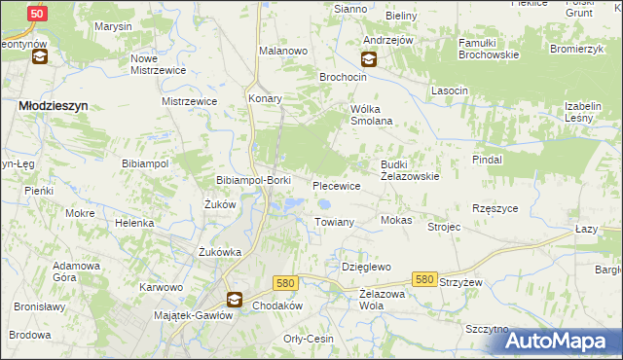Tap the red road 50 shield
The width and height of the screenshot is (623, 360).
(36, 14)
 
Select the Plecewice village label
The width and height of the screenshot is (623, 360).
(337, 185)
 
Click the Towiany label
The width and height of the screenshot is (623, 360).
(334, 222)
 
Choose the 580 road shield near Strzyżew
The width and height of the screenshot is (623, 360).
(423, 279)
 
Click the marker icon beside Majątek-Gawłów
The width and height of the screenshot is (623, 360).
(234, 300)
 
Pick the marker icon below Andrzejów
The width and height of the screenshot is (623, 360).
(371, 58)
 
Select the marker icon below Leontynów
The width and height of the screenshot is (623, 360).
(40, 57)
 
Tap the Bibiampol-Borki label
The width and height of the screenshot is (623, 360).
(252, 181)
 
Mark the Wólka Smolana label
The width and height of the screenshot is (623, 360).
(371, 115)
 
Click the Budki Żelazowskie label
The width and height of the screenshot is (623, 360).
(410, 170)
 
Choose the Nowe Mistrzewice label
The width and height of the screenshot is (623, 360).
(158, 63)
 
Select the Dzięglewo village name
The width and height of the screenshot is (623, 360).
(366, 266)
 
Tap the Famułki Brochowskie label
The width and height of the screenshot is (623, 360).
(476, 50)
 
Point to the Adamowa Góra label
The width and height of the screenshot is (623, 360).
(77, 270)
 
